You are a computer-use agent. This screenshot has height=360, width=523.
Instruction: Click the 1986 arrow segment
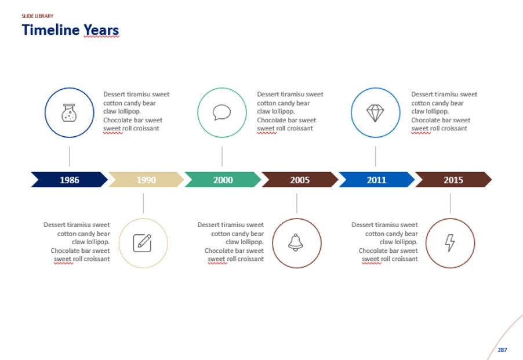[x=69, y=180]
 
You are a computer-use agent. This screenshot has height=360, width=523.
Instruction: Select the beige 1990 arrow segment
[x=146, y=180]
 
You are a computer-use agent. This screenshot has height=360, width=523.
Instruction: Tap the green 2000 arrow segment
[x=223, y=180]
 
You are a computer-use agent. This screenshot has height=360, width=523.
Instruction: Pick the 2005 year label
[x=300, y=180]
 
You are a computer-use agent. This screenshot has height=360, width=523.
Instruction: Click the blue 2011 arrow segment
[x=376, y=180]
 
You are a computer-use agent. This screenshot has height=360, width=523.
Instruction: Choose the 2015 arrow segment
[x=453, y=180]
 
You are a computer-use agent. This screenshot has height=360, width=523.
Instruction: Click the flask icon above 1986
[x=69, y=112]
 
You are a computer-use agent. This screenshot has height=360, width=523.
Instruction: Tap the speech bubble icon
[x=221, y=112]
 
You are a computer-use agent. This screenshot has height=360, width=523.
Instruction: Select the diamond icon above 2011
[x=375, y=112]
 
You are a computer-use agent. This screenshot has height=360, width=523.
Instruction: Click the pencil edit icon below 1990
[x=143, y=243]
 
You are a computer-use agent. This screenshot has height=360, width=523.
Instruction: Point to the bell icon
[x=296, y=243]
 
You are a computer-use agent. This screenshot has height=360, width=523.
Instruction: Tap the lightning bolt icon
[x=450, y=243]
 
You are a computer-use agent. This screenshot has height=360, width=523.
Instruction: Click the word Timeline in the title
[x=49, y=30]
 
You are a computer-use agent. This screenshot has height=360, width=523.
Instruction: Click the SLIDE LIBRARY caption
[x=37, y=16]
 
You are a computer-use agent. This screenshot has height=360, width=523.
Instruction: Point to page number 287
[x=502, y=350]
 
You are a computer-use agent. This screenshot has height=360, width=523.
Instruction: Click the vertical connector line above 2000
[x=222, y=157]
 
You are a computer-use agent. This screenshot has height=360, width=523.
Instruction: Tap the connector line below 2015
[x=451, y=203]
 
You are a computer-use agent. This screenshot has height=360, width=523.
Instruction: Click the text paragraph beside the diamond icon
[x=444, y=111]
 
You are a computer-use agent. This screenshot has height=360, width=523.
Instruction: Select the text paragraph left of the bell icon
[x=231, y=241]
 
